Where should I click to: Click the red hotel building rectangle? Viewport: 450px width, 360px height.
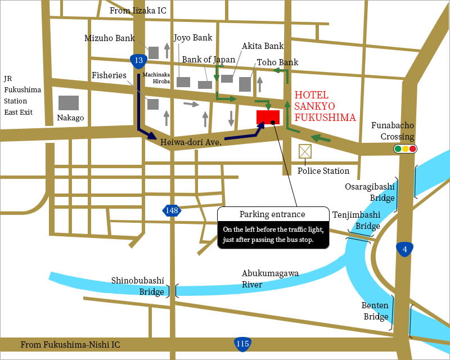click(268, 117)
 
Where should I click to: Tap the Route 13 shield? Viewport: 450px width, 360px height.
click(137, 60)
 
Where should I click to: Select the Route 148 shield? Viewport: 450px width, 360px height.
click(172, 211)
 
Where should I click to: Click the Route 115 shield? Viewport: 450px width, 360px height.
click(242, 344)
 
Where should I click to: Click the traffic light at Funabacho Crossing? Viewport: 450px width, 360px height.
click(406, 149)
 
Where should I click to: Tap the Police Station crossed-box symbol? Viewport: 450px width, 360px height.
click(305, 151)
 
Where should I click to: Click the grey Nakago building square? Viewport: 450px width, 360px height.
click(69, 102)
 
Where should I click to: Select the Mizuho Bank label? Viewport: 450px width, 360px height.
click(110, 38)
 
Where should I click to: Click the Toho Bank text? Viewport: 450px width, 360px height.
click(277, 62)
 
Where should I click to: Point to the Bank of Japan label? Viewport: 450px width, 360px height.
click(208, 60)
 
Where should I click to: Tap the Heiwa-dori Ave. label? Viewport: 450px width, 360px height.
click(191, 142)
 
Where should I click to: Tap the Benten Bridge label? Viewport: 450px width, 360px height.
click(375, 311)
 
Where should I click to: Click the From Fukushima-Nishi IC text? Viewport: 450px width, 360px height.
click(70, 344)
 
